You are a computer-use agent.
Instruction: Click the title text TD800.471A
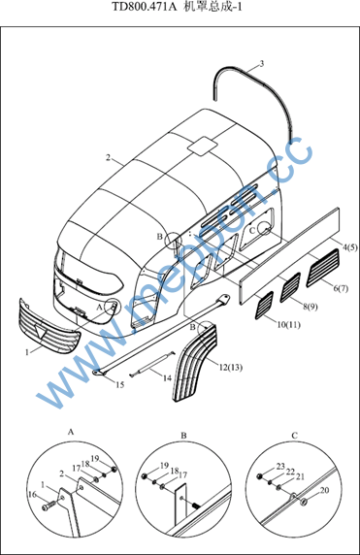point(144,7)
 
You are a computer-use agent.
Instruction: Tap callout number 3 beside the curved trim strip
point(262,64)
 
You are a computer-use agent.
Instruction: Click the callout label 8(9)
point(311,307)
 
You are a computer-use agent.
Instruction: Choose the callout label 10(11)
point(288,324)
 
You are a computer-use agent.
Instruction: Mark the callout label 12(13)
point(231,368)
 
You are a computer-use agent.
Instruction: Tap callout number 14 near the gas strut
point(167,378)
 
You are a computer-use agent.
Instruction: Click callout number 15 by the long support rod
point(120,384)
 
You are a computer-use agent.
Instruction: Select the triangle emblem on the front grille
point(40,330)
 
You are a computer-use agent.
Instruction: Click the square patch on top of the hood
point(203,146)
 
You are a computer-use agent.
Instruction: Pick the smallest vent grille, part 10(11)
point(264,305)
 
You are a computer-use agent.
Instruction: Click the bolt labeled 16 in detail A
point(49,506)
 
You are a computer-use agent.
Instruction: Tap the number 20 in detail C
point(324,490)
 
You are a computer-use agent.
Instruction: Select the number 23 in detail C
point(280,466)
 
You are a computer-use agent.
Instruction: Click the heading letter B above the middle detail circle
point(183,436)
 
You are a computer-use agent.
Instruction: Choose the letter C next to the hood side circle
point(252,231)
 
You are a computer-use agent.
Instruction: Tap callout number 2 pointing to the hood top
point(108,157)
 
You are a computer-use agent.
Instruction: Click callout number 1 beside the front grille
point(26,352)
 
